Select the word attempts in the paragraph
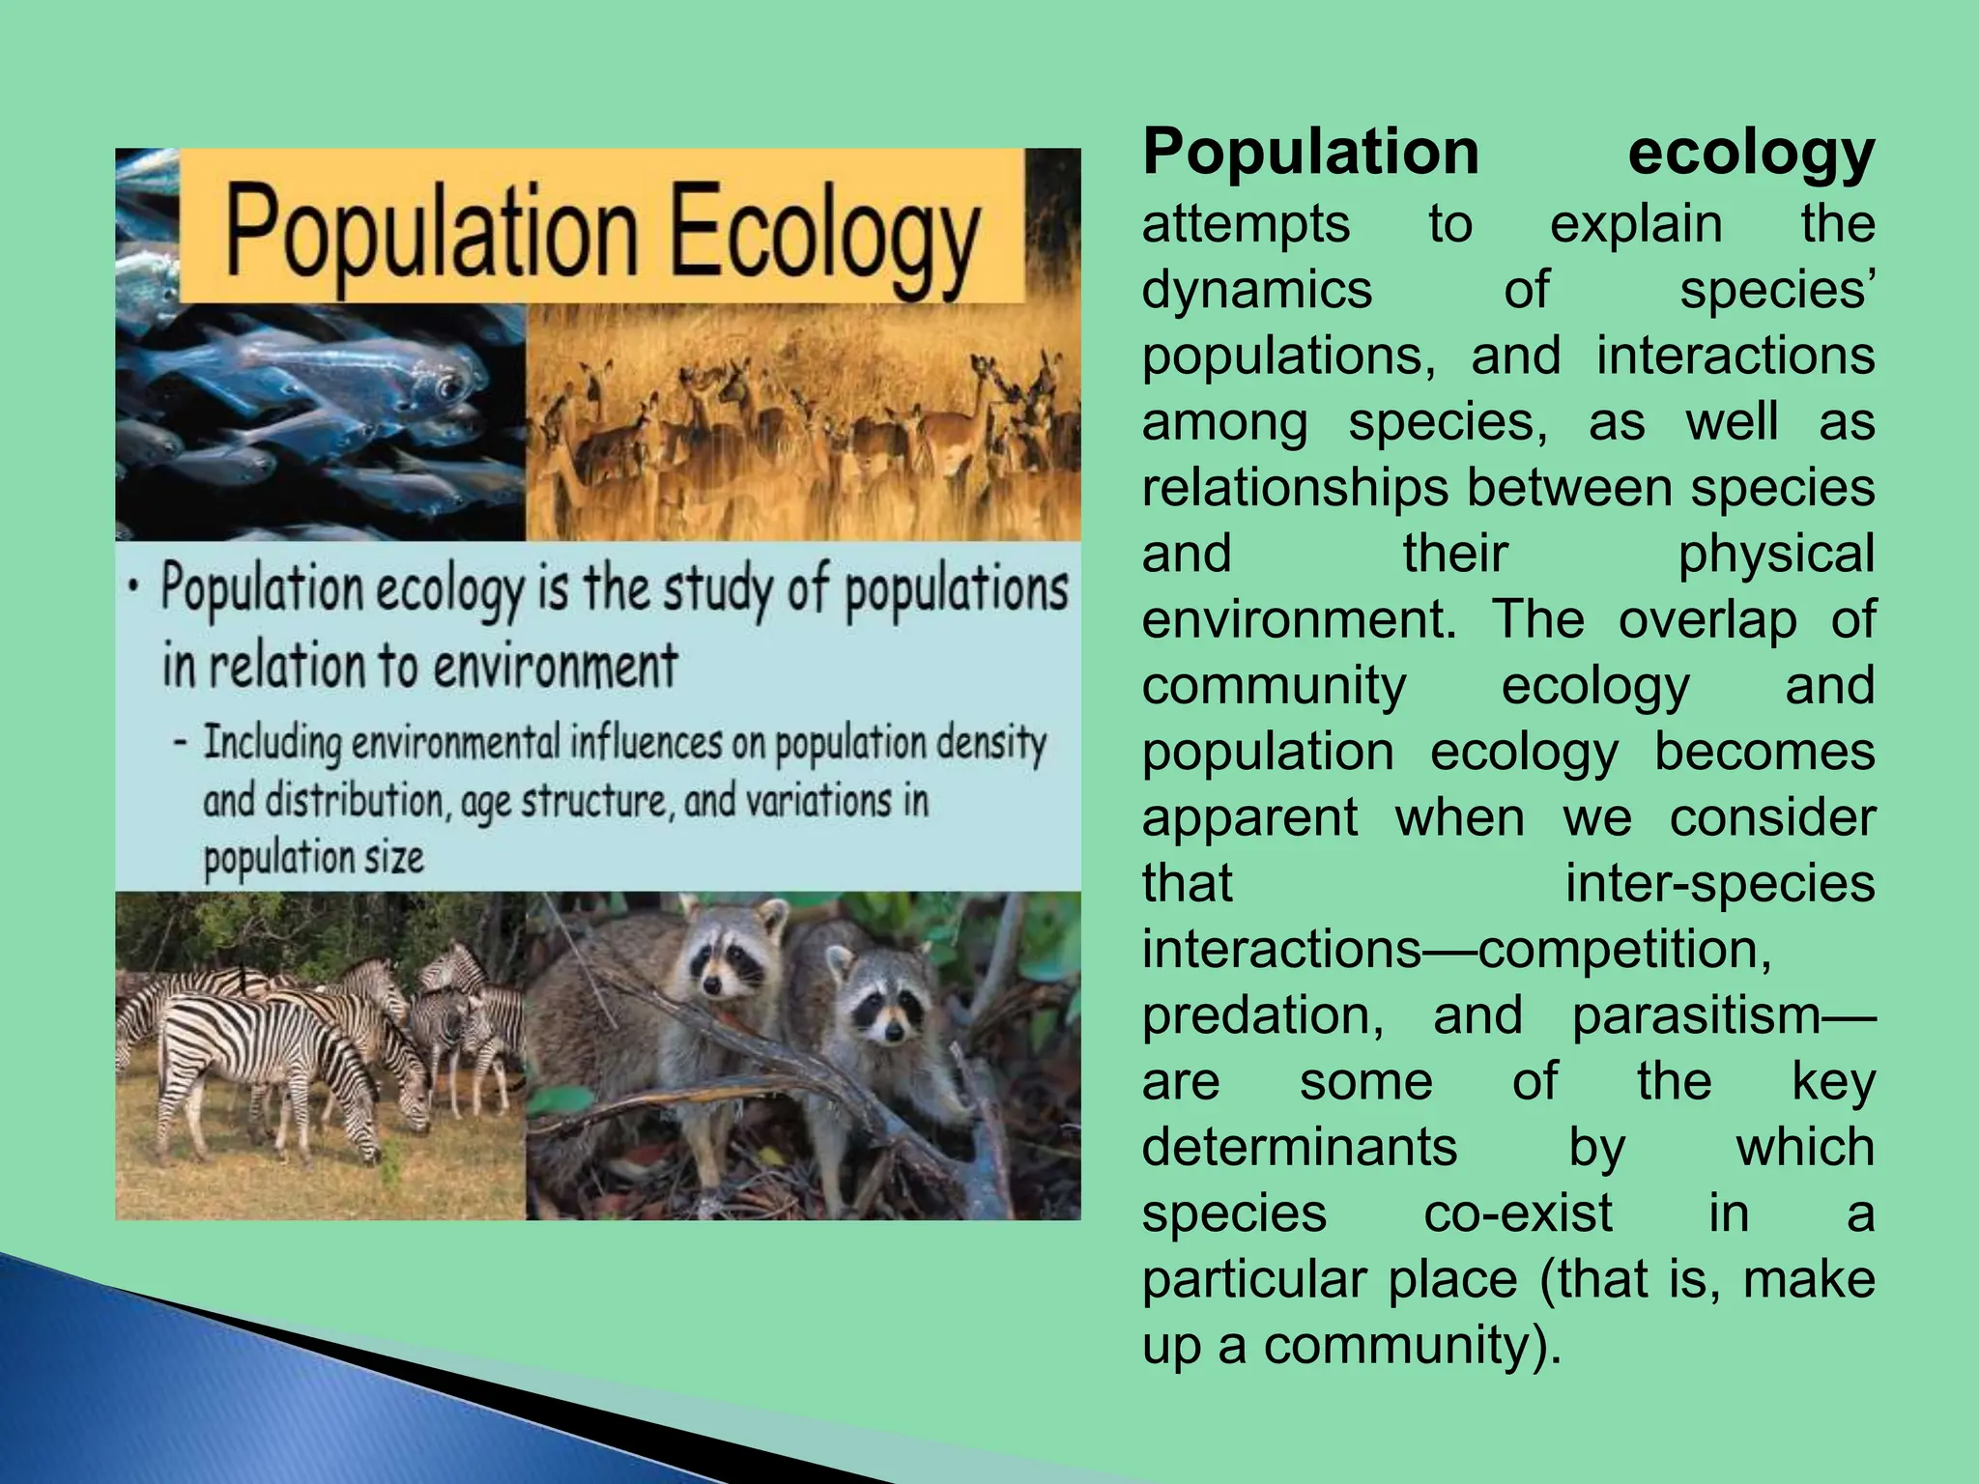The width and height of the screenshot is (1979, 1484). click(1246, 225)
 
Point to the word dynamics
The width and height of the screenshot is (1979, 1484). click(1256, 291)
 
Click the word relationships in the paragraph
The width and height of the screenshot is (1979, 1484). click(1295, 488)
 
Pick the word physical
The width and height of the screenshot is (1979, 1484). click(1776, 555)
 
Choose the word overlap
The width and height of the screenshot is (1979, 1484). click(1707, 620)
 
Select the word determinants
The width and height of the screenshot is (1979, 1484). click(1300, 1148)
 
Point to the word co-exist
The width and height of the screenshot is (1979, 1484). click(1518, 1213)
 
